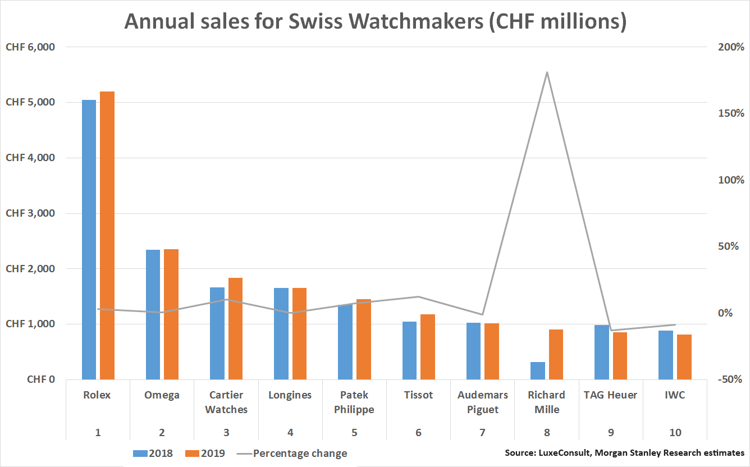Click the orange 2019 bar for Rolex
[107, 235]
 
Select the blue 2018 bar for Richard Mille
[538, 370]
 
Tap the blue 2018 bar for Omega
[153, 314]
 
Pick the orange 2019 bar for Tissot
[428, 347]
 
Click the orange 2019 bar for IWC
[684, 357]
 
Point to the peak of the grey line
[547, 72]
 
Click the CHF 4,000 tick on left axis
[30, 157]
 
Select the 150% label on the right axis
[731, 113]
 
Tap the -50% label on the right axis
[730, 379]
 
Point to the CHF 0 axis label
[41, 379]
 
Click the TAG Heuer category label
[610, 395]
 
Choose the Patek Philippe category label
[354, 402]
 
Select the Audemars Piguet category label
[482, 402]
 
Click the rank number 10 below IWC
[675, 433]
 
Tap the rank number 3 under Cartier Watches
[226, 433]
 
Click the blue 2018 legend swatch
[140, 454]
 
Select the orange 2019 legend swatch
[193, 454]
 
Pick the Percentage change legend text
[300, 454]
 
